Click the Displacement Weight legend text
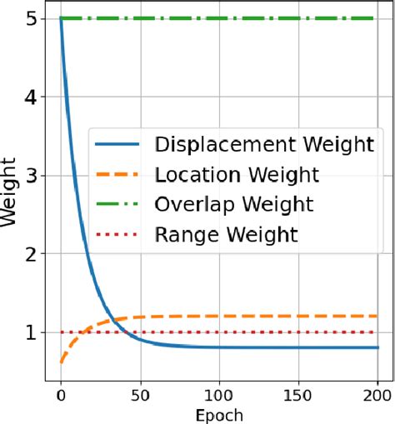[263, 144]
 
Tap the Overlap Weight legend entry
[234, 204]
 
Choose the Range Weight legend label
[226, 235]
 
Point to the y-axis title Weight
[9, 200]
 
